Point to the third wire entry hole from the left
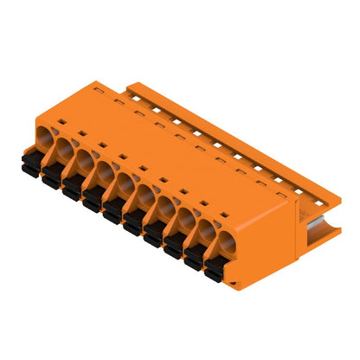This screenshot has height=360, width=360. pyautogui.click(x=84, y=159)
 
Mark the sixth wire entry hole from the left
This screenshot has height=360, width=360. pyautogui.click(x=145, y=195)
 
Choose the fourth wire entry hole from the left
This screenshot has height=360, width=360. pyautogui.click(x=104, y=170)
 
